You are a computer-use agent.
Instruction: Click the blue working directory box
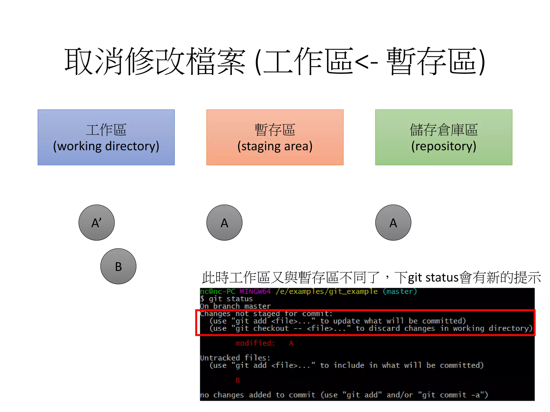pos(106,137)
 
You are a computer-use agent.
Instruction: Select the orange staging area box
pos(275,137)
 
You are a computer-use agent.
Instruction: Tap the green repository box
pos(444,137)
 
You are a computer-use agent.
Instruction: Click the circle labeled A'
pos(96,223)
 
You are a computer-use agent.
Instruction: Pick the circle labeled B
pos(118,266)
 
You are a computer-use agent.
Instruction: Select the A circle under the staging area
pos(224,223)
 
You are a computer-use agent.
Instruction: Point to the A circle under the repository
pos(393,223)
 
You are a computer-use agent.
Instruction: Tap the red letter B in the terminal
pos(238,380)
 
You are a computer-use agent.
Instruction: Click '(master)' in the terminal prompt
pos(400,291)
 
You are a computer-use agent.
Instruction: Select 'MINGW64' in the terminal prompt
pos(255,291)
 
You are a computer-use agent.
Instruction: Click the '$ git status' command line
pos(226,299)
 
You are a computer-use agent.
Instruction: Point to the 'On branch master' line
pos(235,306)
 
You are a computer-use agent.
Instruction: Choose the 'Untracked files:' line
pos(235,358)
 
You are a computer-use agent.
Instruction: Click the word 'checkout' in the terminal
pos(271,328)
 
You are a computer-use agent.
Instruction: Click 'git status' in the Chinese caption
pos(433,278)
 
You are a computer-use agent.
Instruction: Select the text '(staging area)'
pos(275,146)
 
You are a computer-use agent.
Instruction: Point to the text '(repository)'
pos(444,146)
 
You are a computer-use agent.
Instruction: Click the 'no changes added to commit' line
pos(344,395)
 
